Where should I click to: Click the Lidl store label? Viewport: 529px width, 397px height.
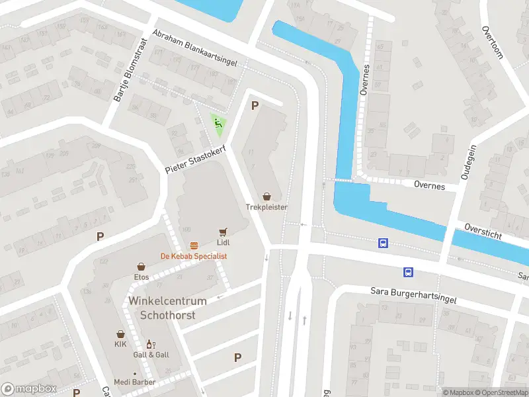224,242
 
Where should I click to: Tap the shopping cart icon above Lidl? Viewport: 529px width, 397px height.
224,232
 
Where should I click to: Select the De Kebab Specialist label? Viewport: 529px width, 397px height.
194,256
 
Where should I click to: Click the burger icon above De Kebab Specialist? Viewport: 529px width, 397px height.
194,246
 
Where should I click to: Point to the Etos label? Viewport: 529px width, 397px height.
142,277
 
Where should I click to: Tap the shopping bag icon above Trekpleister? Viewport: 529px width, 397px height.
267,197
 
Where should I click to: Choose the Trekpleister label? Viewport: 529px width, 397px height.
267,207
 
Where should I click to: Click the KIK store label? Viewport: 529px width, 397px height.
120,345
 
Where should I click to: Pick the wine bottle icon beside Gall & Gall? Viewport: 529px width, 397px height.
151,344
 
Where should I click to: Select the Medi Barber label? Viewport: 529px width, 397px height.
134,382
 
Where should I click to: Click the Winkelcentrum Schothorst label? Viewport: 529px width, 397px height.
167,308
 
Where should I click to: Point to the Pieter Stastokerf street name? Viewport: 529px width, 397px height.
196,161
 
